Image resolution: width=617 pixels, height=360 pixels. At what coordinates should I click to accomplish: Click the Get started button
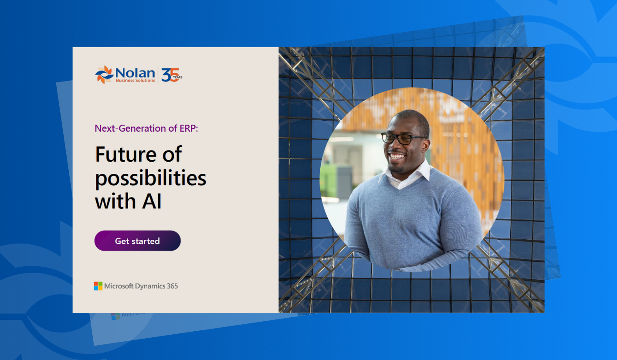137,241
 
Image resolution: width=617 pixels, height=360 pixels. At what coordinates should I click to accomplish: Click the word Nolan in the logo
135,73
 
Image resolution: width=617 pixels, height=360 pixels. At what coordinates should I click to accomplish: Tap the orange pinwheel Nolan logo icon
105,75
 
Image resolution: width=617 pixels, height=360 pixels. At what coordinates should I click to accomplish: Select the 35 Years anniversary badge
172,75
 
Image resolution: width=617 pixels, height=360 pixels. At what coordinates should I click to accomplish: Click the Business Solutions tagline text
136,81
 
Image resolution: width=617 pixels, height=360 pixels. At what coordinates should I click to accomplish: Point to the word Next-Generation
129,129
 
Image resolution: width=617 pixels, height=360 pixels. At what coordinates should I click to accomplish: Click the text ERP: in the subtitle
189,129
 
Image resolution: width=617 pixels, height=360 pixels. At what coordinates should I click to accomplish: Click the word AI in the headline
152,201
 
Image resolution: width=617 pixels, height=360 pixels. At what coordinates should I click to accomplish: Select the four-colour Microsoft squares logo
98,286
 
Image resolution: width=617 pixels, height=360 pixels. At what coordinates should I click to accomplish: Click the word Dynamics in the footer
150,286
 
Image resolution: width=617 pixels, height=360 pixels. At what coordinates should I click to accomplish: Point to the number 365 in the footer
172,286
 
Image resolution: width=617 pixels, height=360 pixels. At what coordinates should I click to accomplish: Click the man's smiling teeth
397,157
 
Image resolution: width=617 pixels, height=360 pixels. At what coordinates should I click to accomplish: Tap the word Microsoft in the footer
119,286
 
